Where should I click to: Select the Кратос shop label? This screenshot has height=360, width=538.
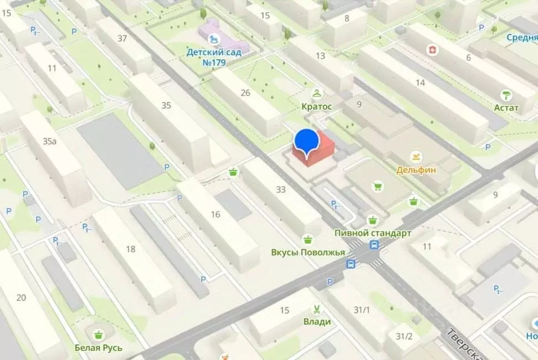[316, 106]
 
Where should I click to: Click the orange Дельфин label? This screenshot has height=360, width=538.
[416, 170]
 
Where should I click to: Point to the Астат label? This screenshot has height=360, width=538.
[506, 107]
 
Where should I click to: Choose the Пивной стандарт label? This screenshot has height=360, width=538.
[372, 233]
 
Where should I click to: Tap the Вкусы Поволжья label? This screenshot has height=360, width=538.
[308, 252]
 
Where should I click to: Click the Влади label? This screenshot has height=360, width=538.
[317, 322]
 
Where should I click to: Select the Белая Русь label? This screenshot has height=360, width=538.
[99, 348]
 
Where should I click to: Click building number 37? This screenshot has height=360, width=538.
[122, 38]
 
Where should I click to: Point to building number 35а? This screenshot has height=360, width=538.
[50, 141]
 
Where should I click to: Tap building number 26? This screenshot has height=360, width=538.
[245, 92]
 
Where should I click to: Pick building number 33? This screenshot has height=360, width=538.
[281, 189]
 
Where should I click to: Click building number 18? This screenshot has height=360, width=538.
[131, 249]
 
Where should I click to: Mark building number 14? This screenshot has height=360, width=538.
[420, 83]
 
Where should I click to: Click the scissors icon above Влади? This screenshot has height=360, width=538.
[317, 310]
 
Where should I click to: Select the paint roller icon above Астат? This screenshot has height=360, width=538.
[506, 95]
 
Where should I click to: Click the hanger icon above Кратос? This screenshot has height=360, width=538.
[316, 94]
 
